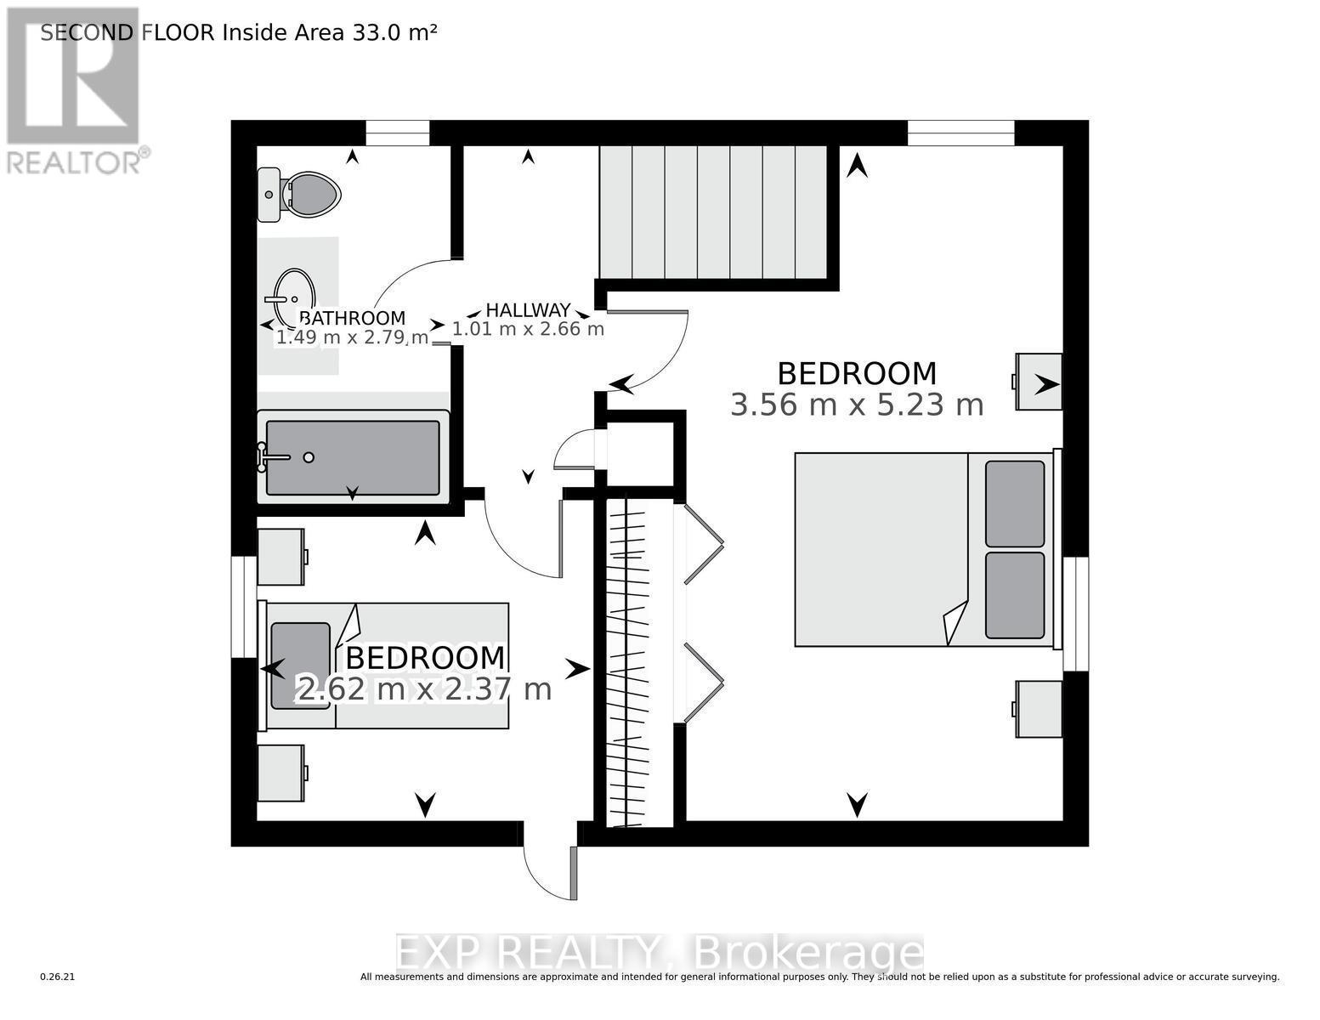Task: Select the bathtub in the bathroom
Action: (353, 457)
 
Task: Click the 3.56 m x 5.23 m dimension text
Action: (857, 405)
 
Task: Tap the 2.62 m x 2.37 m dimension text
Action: (423, 688)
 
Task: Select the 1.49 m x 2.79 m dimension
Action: (351, 337)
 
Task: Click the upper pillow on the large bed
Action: (1015, 504)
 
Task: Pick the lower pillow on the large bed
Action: (1015, 595)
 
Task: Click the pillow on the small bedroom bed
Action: (300, 665)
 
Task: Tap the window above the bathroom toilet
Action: (397, 133)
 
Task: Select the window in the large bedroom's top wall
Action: (960, 133)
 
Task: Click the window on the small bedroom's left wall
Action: (244, 606)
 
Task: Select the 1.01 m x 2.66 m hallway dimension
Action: (528, 329)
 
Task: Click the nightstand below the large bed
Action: (1039, 709)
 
